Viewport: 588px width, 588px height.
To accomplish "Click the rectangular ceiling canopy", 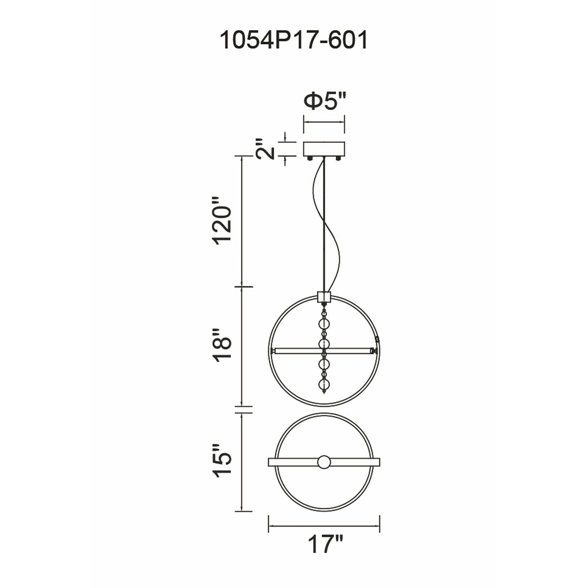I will (x=324, y=149).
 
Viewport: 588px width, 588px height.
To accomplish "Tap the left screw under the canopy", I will (x=310, y=159).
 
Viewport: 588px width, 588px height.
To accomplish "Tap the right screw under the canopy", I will (x=338, y=159).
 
